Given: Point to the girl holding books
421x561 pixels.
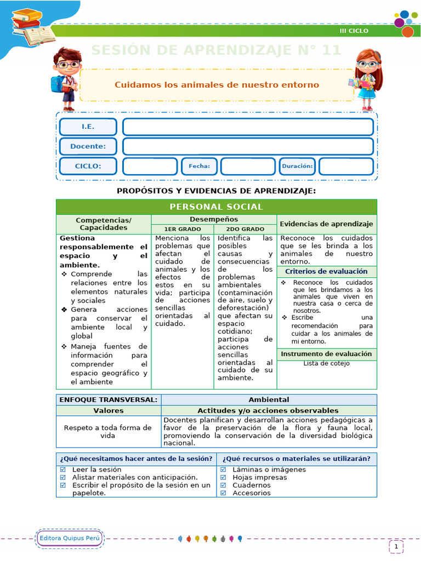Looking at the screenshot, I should click(366, 79).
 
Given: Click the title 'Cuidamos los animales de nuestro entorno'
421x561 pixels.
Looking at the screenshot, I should click(217, 85).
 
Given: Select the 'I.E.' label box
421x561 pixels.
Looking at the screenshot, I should click(88, 127).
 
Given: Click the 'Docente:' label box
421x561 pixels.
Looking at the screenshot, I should click(88, 146).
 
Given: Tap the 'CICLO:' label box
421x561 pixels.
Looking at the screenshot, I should click(88, 166).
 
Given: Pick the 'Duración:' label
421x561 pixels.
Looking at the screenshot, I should click(297, 166).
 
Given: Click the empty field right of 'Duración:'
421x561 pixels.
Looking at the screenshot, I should click(346, 166).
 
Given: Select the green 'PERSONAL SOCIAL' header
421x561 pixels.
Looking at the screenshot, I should click(217, 207).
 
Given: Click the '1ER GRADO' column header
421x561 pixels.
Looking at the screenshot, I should click(183, 229).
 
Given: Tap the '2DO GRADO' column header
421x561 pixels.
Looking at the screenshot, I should click(245, 229).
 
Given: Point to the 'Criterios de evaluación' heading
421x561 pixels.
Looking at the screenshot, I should click(326, 272).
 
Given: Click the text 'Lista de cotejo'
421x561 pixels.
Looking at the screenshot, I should click(326, 363).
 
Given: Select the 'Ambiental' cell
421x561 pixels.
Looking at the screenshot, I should click(269, 399).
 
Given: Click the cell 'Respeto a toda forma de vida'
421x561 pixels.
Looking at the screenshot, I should click(108, 431).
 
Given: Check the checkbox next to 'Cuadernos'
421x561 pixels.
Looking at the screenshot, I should click(223, 485).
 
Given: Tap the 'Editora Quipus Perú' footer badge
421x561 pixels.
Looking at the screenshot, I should click(70, 538).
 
